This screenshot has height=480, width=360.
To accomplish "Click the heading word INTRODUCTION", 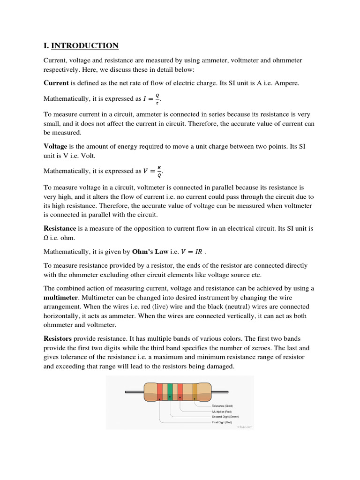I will [x=85, y=45].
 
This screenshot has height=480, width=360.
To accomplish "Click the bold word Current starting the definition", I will [x=56, y=83].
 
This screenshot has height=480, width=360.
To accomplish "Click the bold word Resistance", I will [x=60, y=228].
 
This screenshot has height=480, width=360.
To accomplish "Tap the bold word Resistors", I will [x=58, y=338].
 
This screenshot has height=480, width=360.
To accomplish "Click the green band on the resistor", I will [x=170, y=391].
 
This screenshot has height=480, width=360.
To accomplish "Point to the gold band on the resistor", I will [x=195, y=391].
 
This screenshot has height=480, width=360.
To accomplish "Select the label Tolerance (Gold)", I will [x=222, y=405].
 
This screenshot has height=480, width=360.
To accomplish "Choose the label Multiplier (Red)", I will [x=222, y=411].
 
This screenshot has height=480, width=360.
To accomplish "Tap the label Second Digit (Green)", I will [x=225, y=416].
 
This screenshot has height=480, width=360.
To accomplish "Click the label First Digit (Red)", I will [x=222, y=422].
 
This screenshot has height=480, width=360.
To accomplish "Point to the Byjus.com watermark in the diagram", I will [x=244, y=427].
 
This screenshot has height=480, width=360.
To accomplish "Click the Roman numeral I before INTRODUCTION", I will [x=45, y=45].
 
